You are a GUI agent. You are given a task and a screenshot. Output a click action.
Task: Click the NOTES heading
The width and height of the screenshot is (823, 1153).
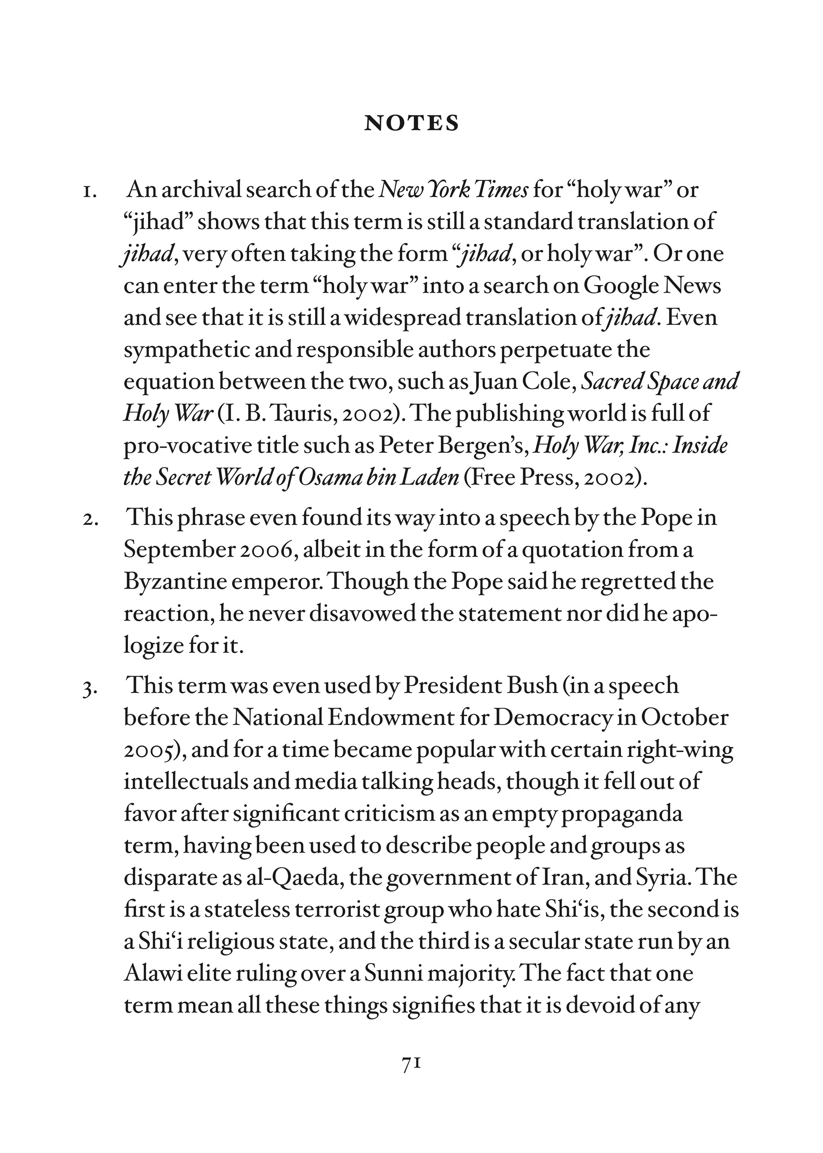click(x=411, y=123)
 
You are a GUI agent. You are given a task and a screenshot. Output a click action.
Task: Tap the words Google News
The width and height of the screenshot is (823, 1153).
click(x=652, y=286)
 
